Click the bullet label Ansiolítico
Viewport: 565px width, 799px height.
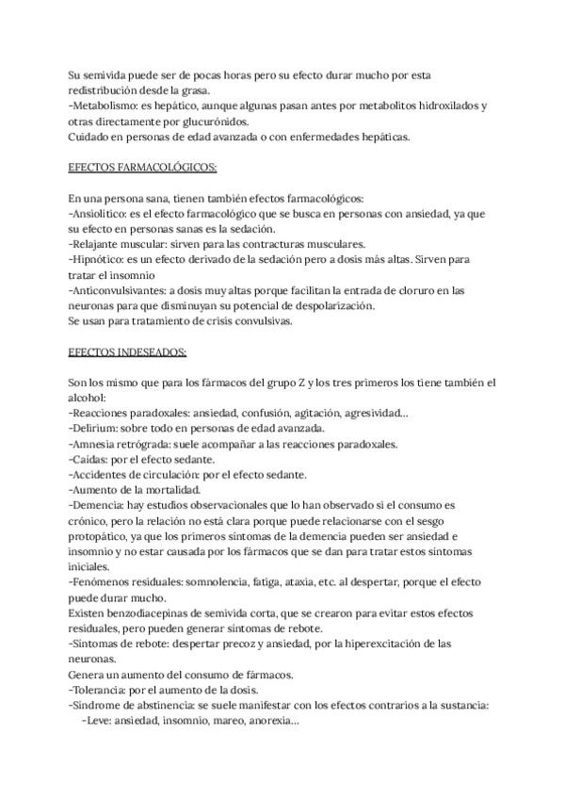(102, 214)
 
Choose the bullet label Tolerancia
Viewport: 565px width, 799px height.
(103, 690)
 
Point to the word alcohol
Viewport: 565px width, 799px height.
(90, 399)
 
